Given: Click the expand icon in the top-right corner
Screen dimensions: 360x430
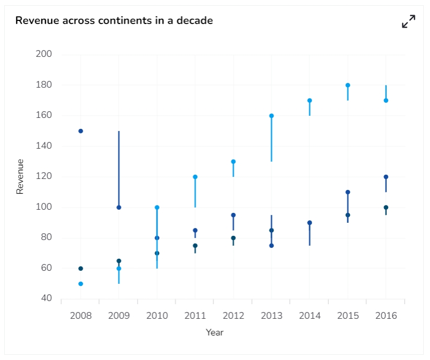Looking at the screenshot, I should click(x=409, y=21).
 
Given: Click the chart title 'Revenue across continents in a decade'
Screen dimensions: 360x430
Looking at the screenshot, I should click(x=114, y=21).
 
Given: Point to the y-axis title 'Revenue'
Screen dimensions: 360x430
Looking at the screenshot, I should click(x=20, y=176).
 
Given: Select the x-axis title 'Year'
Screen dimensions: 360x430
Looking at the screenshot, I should click(x=214, y=332).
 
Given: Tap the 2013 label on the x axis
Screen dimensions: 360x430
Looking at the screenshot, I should click(x=271, y=316).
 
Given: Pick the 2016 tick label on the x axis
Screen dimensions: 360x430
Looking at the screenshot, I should click(x=386, y=316).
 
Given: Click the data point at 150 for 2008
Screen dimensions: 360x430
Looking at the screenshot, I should click(x=81, y=131).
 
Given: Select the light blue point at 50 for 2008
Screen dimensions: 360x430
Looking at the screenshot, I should click(x=81, y=284).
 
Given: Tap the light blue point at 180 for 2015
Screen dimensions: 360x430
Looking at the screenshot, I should click(x=348, y=85).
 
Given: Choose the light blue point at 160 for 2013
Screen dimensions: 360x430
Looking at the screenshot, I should click(x=271, y=116).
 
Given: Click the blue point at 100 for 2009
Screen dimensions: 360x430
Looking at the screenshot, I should click(x=119, y=207).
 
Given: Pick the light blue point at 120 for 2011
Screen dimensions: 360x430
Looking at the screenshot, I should click(x=195, y=177).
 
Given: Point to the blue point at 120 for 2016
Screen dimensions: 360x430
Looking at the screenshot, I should click(x=386, y=177).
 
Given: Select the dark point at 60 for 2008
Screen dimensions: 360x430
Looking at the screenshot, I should click(x=81, y=268).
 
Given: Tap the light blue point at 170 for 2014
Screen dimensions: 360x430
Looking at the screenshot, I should click(x=309, y=100).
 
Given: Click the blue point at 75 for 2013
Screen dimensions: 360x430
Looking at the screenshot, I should click(x=271, y=245).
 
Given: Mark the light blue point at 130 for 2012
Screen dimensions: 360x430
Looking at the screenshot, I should click(x=233, y=162).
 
